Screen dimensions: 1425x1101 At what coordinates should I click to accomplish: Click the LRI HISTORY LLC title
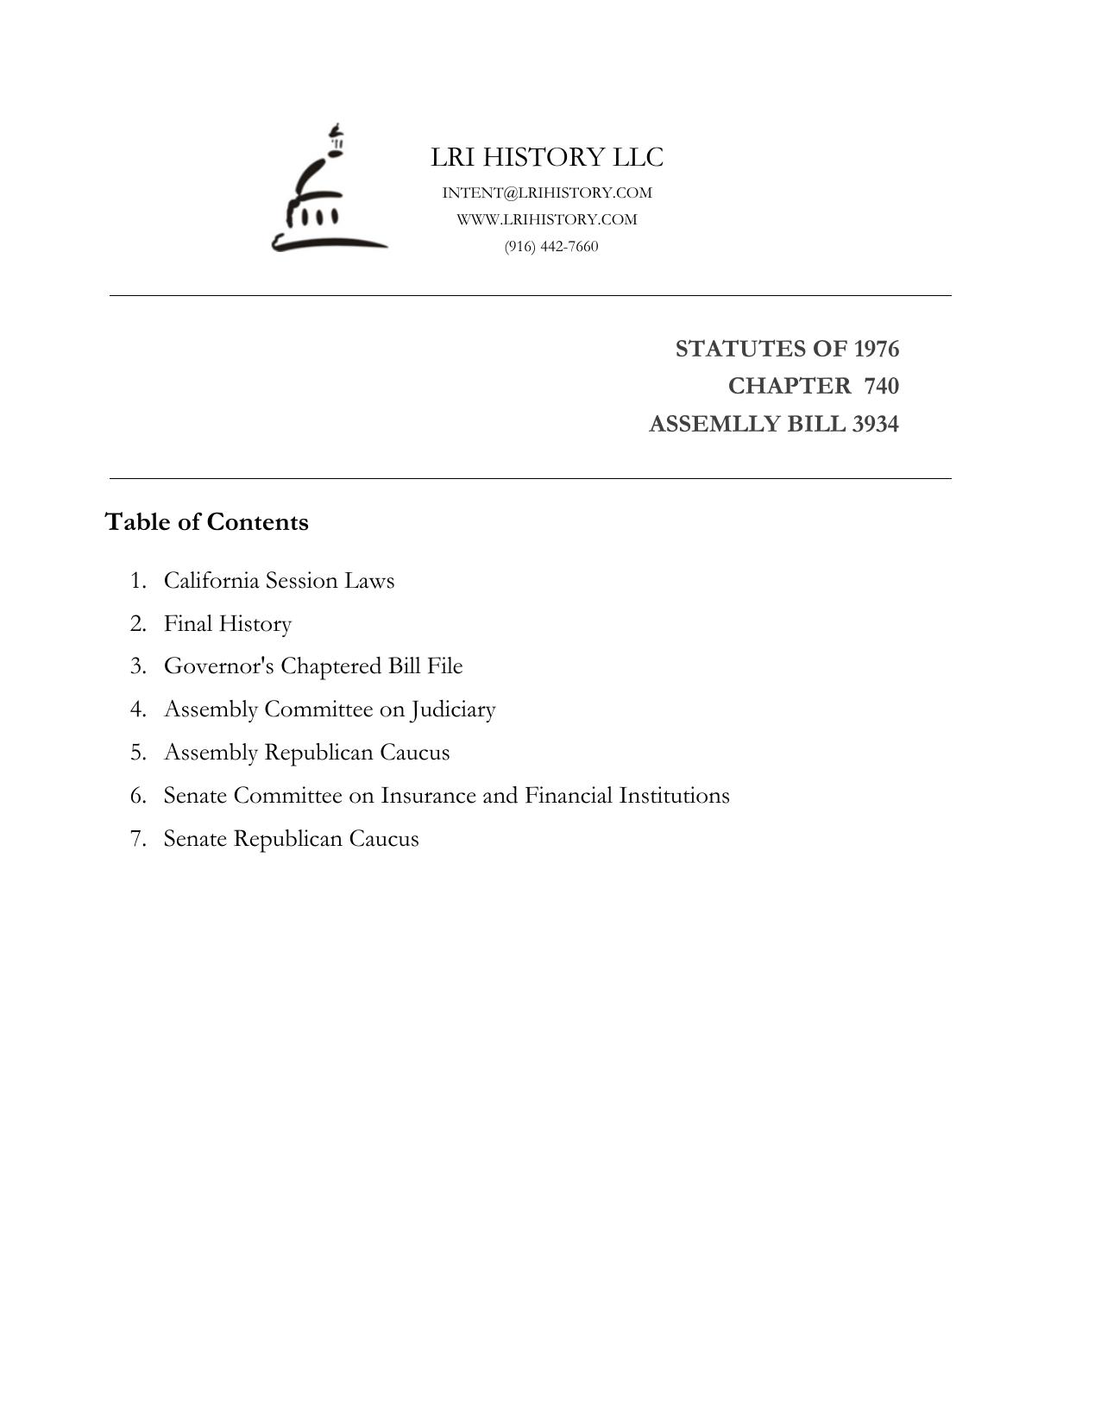pos(547,157)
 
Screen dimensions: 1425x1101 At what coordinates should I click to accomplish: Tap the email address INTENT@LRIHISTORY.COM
pos(547,192)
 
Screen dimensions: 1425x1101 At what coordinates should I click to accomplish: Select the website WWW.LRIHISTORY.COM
pos(547,219)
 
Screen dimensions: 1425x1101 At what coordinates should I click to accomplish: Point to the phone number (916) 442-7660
pos(551,246)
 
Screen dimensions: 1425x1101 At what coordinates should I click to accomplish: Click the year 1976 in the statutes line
pos(876,349)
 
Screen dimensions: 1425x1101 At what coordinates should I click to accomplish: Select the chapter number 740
pos(881,386)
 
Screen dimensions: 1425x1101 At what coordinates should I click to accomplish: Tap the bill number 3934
pos(875,425)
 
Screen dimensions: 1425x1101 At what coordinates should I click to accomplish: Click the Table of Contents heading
pos(206,522)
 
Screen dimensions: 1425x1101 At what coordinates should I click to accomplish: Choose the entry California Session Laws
pos(279,580)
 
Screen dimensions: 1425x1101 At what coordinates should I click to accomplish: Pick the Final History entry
pos(228,623)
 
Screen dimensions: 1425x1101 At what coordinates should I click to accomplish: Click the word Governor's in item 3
pos(219,666)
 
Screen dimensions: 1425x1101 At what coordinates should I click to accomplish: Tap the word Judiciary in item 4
pos(453,709)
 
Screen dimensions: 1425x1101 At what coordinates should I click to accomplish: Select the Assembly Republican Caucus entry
pos(306,753)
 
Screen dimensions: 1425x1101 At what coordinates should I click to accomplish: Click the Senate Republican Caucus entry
pos(291,839)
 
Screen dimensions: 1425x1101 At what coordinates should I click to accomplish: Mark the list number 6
pos(138,796)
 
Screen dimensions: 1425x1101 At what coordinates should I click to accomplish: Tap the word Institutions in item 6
pos(674,795)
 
